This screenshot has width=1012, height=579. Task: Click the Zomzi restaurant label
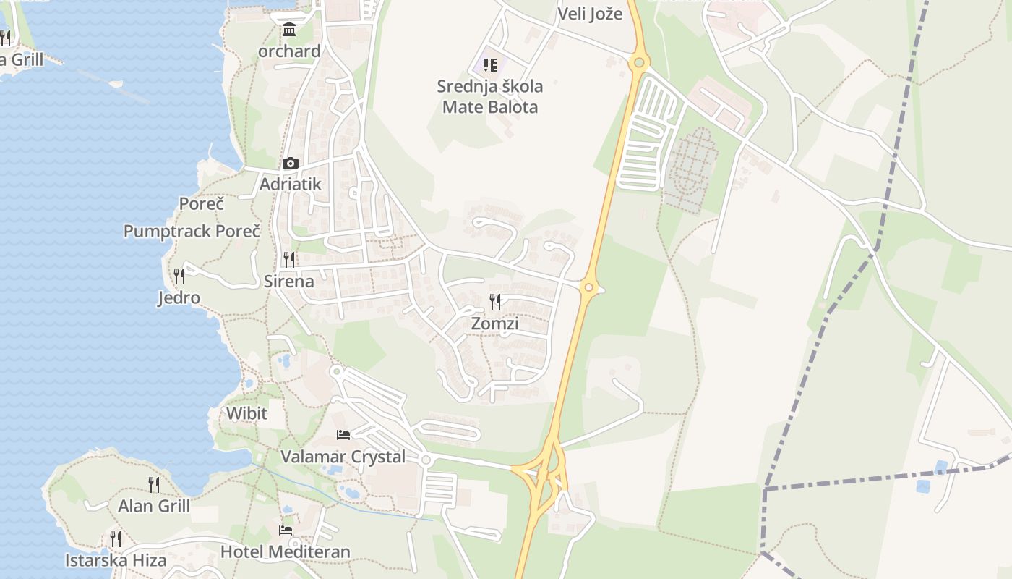click(494, 324)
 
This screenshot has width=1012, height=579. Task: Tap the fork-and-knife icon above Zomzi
click(495, 302)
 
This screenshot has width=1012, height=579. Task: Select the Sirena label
click(288, 282)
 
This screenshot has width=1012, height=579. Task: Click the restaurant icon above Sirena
click(289, 259)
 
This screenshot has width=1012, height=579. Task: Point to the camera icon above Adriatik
click(291, 163)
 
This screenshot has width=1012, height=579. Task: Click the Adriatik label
click(290, 184)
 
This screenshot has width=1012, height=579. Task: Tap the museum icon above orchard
click(290, 30)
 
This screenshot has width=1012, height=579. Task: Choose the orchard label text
click(289, 51)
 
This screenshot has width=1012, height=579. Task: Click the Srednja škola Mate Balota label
click(490, 97)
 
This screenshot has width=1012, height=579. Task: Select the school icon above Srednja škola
click(490, 65)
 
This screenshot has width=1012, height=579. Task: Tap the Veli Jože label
click(590, 14)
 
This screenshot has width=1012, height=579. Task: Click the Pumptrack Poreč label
click(192, 232)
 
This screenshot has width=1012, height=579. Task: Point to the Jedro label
click(179, 297)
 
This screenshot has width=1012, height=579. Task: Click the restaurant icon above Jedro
click(179, 276)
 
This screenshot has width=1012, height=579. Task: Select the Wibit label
click(246, 413)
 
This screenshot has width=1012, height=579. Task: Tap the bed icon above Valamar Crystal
click(343, 434)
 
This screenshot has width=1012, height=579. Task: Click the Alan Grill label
click(154, 506)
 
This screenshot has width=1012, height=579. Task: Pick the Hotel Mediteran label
click(285, 551)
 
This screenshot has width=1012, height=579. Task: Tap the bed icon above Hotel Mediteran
click(286, 530)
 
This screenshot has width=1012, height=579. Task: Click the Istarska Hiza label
click(116, 560)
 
